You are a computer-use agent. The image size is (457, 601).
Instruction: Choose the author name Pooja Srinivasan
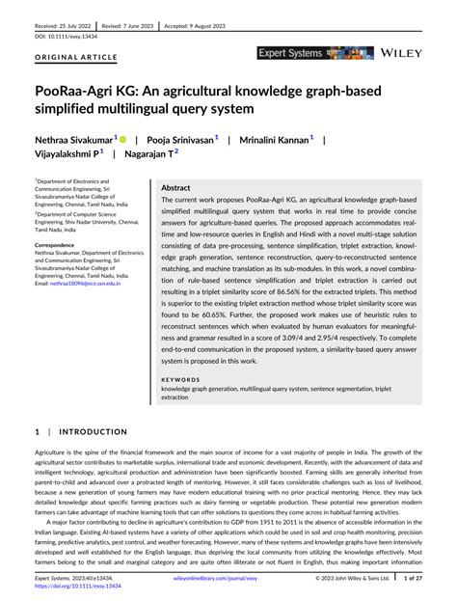click(181, 139)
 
